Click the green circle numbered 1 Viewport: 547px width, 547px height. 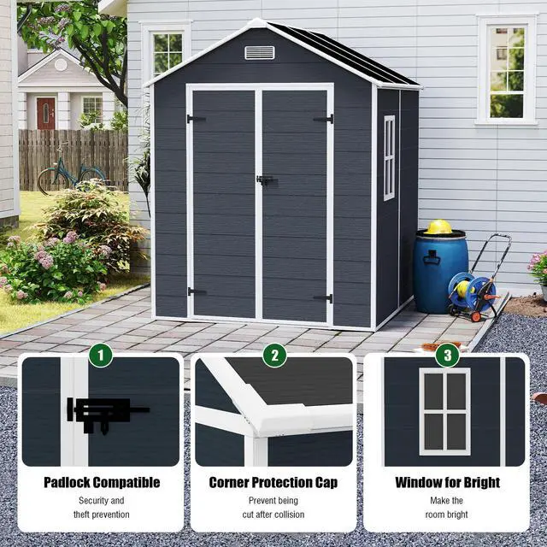click(101, 353)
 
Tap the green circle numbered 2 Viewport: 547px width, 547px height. click(273, 353)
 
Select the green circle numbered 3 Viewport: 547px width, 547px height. click(446, 353)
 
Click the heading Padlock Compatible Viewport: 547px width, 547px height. click(102, 483)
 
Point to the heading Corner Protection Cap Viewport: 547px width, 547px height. click(273, 483)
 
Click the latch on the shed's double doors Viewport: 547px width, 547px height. click(264, 180)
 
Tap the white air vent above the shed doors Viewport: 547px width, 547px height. click(259, 53)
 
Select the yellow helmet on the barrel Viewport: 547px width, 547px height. click(439, 227)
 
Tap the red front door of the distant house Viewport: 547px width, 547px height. click(46, 113)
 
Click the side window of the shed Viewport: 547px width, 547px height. click(389, 157)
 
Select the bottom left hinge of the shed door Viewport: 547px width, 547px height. click(197, 291)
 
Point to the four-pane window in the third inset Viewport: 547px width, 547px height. click(444, 411)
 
